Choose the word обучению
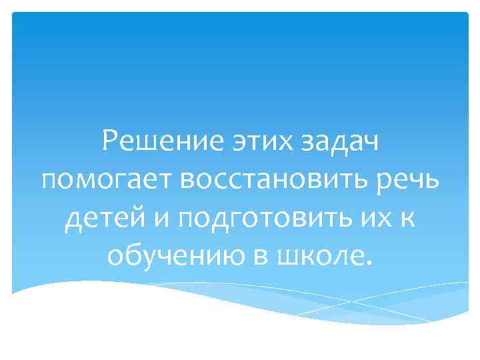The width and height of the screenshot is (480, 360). (x=164, y=254)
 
